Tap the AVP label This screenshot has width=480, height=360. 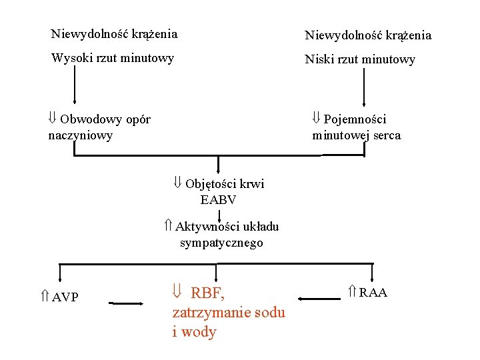(x=65, y=297)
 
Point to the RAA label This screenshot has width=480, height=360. (x=373, y=293)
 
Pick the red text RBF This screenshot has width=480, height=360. (x=208, y=293)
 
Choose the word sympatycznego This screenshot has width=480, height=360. (x=221, y=243)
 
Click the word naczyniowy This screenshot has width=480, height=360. (x=80, y=135)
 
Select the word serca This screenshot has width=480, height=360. (x=387, y=135)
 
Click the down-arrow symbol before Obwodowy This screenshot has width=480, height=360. (x=52, y=119)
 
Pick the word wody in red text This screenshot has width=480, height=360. (x=199, y=332)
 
